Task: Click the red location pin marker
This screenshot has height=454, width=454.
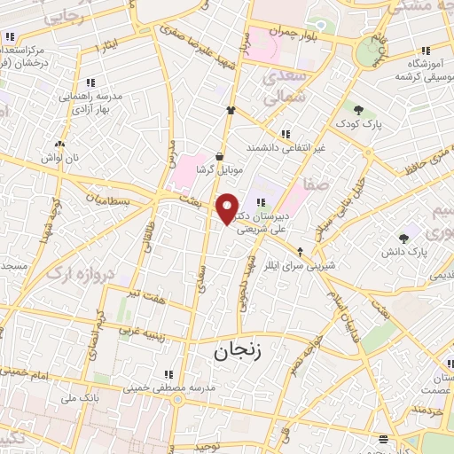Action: click(228, 209)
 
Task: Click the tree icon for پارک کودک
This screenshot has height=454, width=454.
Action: click(359, 111)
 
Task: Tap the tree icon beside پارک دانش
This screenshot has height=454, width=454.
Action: click(404, 238)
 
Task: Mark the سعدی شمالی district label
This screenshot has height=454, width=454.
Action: click(284, 85)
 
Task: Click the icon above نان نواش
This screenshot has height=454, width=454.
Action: click(59, 144)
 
